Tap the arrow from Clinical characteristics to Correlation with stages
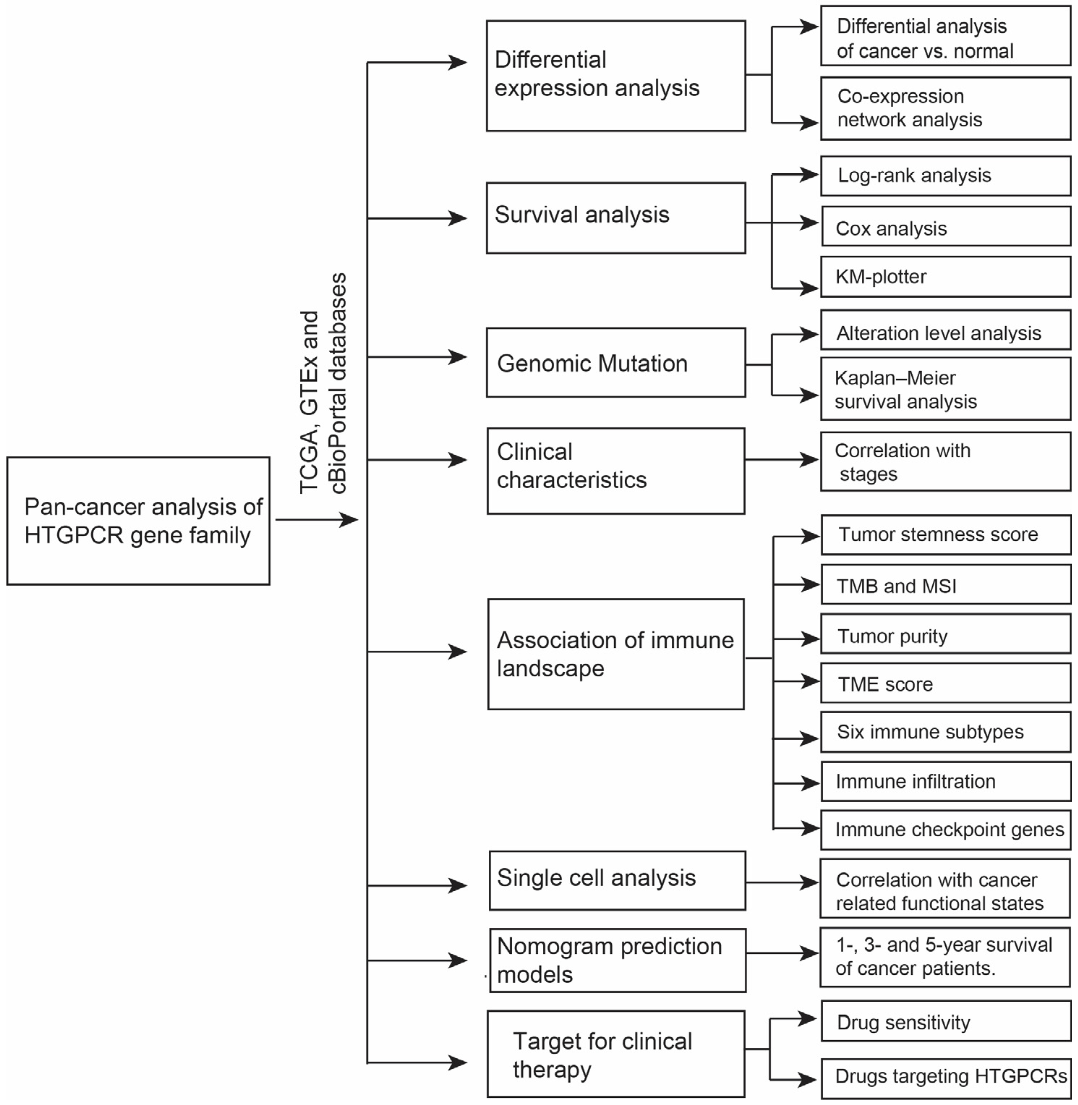tap(781, 460)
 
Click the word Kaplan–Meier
tap(895, 378)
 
